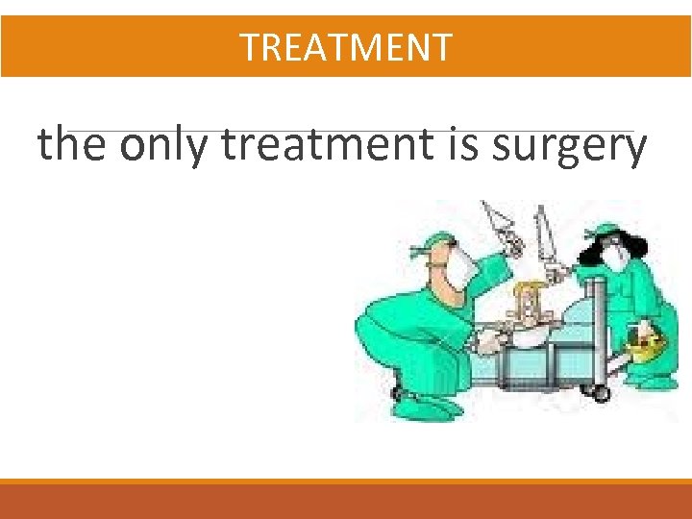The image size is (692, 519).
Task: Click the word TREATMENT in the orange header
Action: coord(345,46)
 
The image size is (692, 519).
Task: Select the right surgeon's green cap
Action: coord(606,230)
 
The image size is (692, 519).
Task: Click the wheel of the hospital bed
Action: coord(601,393)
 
